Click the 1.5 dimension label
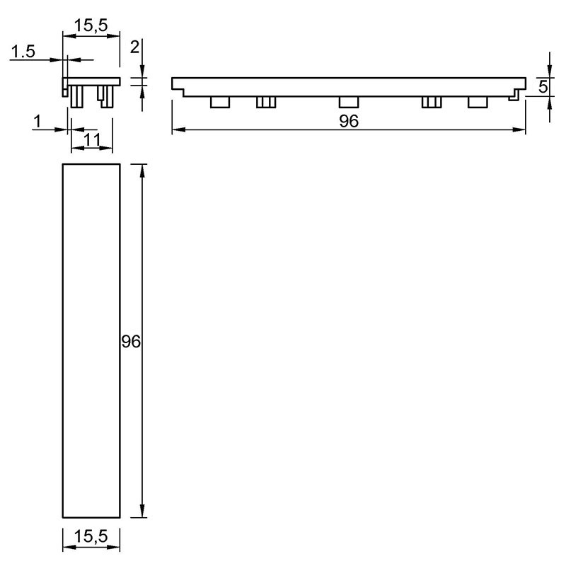coord(23,51)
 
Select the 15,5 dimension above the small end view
coord(91,25)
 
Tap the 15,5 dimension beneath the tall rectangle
coord(91,536)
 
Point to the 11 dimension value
coord(92,139)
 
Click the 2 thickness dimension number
coord(134,47)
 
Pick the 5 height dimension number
coord(543,87)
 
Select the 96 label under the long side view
coord(349,121)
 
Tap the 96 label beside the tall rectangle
coord(131,342)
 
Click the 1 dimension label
coord(37,121)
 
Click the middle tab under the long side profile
coord(349,102)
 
